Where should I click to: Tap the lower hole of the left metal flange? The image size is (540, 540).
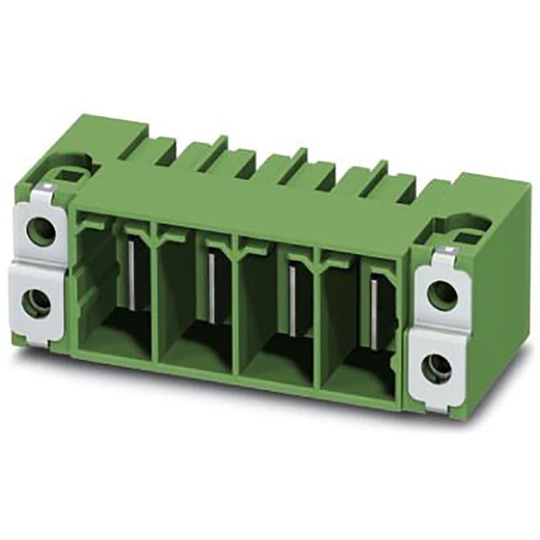pos(36,303)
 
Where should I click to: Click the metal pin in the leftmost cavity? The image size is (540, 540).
pos(131,275)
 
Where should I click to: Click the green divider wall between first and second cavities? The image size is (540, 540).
pos(155,302)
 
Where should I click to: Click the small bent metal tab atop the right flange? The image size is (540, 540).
pos(446,251)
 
